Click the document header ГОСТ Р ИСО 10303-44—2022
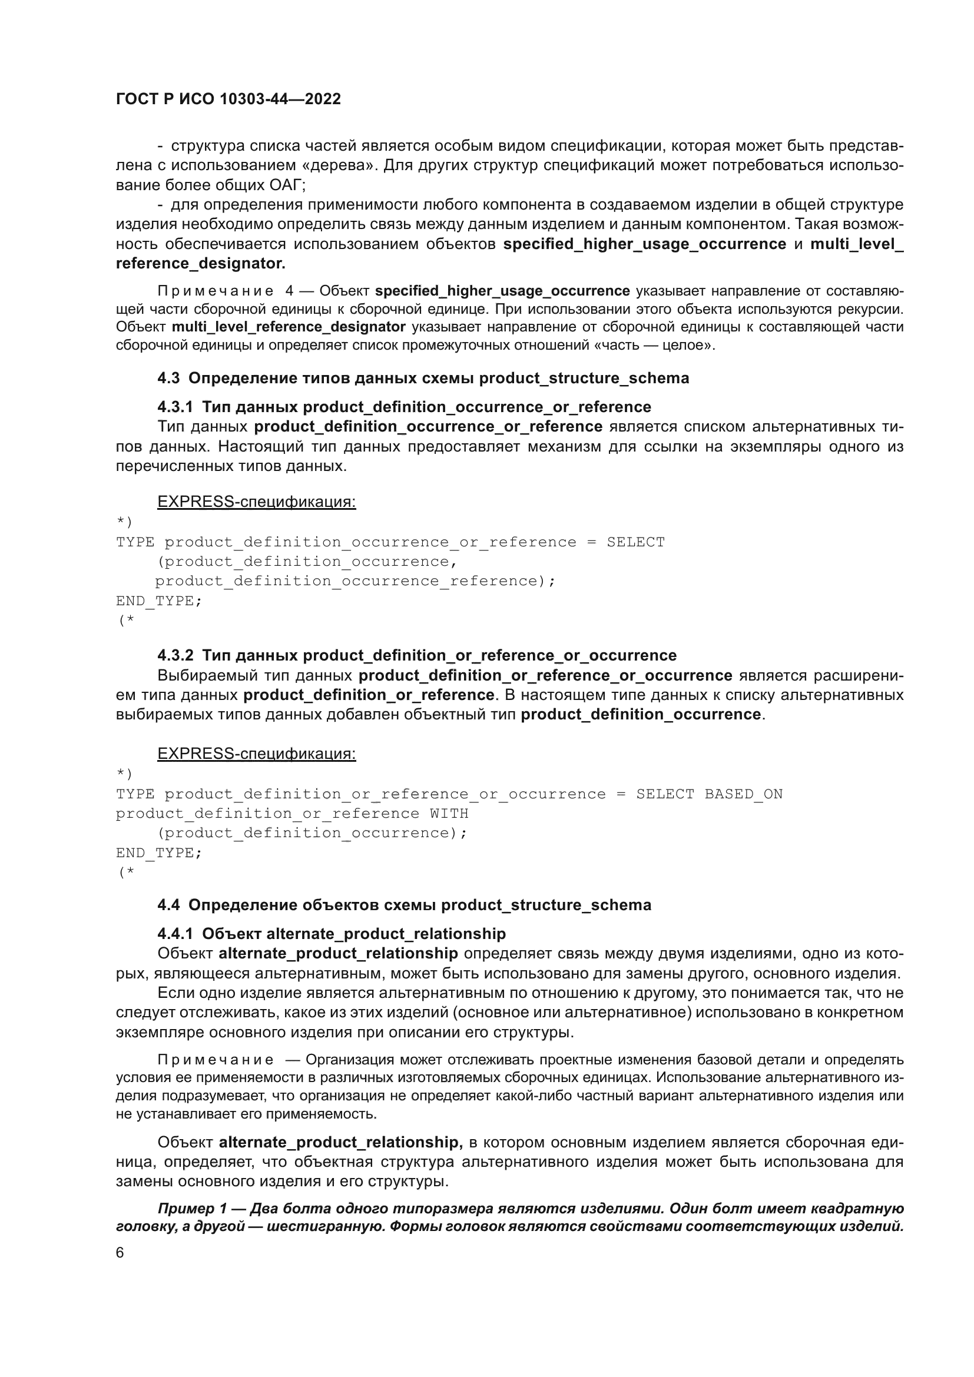(228, 99)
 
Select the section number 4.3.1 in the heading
(175, 407)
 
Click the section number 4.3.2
(175, 655)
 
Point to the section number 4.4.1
(175, 934)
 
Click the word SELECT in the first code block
(635, 542)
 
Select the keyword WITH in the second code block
(449, 814)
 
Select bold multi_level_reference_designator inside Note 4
(289, 327)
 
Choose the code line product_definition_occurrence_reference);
(355, 581)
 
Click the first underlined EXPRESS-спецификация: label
(257, 502)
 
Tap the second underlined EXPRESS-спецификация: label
(257, 754)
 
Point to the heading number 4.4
(168, 905)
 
